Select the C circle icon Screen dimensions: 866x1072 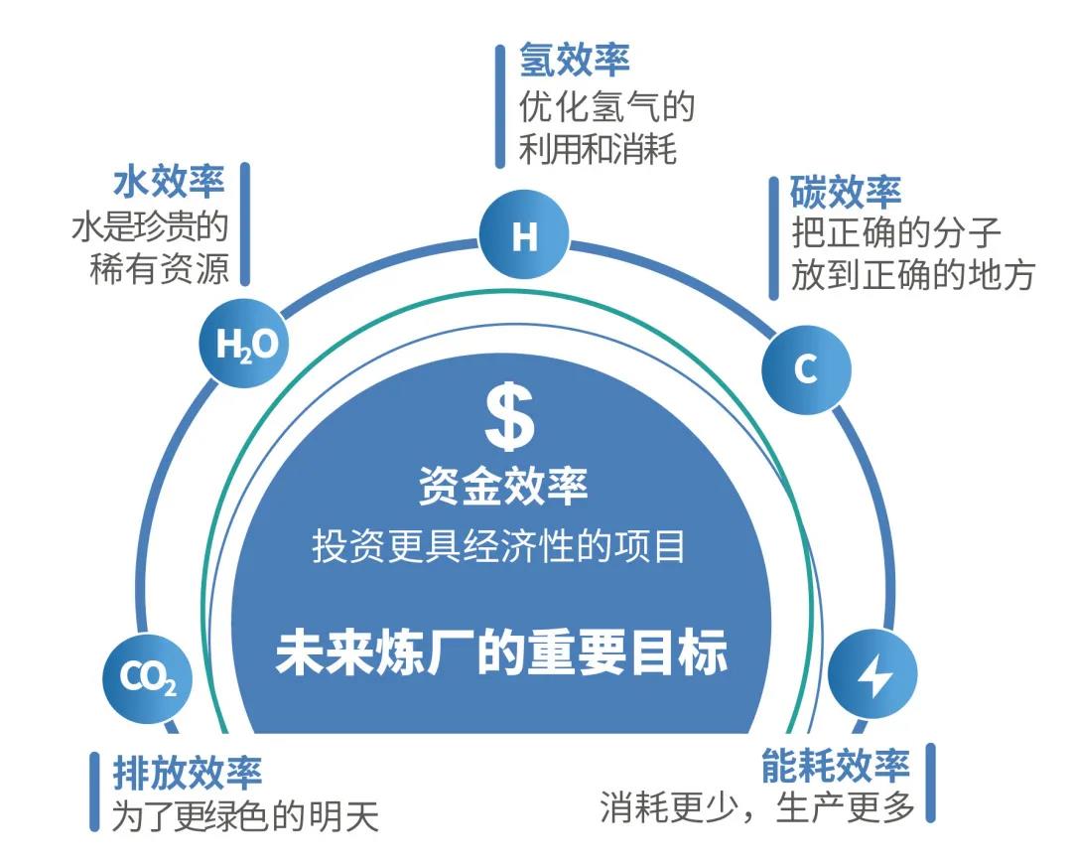click(805, 369)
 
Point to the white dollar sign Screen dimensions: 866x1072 click(508, 417)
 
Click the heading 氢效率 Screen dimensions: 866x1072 click(574, 61)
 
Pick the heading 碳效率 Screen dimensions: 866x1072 click(846, 190)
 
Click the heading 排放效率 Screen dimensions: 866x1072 click(188, 771)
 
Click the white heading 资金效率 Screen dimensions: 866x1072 click(502, 487)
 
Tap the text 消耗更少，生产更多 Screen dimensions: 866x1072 click(756, 807)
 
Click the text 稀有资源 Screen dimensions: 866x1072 click(159, 268)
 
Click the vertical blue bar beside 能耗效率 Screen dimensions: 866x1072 click(930, 783)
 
